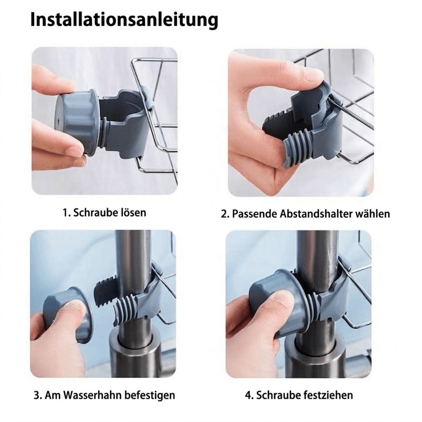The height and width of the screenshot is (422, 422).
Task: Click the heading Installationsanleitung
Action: (x=124, y=20)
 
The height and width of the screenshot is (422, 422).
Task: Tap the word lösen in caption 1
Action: (x=132, y=213)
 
